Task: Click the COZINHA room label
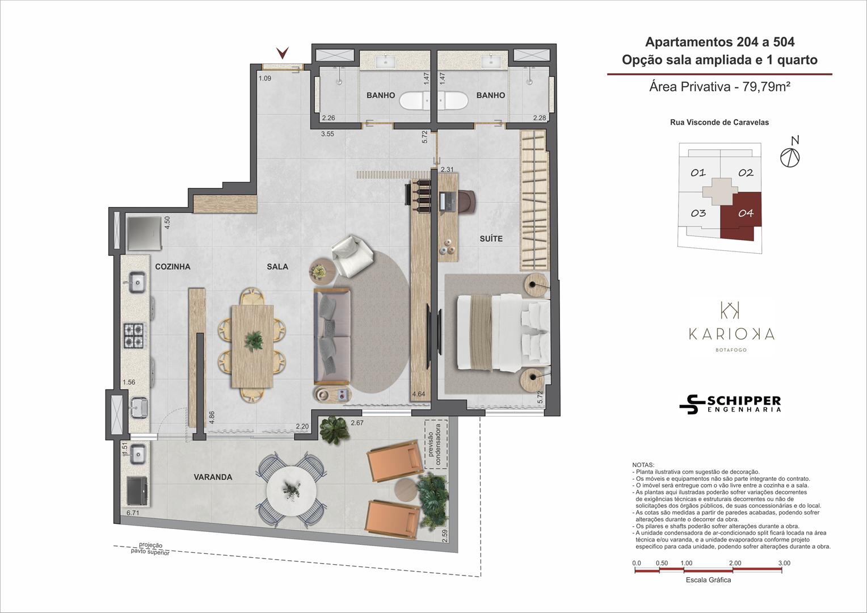(x=172, y=266)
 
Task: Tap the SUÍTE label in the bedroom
(x=491, y=238)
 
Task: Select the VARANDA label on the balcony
(x=213, y=477)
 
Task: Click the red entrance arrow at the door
(x=283, y=53)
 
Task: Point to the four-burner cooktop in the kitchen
(x=134, y=335)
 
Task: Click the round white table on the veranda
(x=291, y=491)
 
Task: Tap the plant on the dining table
(x=254, y=341)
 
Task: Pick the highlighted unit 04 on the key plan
(x=741, y=215)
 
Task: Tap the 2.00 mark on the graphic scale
(x=735, y=563)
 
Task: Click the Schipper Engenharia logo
(x=730, y=405)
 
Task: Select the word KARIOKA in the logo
(x=731, y=334)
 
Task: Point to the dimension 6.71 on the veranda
(x=133, y=513)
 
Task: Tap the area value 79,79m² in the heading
(x=766, y=87)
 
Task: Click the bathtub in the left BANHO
(x=415, y=100)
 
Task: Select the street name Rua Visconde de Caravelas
(x=719, y=123)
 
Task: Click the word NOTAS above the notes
(x=643, y=465)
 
